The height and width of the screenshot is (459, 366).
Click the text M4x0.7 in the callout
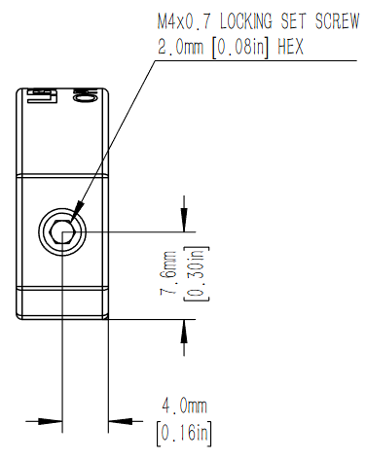coord(184,21)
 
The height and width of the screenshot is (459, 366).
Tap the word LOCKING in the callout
coord(246,21)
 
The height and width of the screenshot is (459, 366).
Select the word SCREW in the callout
coord(337,21)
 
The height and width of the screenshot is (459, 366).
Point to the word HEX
coord(290,47)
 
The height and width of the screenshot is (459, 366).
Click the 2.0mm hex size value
coord(180,47)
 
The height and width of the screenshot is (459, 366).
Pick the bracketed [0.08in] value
coord(239,48)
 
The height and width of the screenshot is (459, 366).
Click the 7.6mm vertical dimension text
coord(168,272)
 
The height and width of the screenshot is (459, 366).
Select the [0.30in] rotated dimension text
coord(197,273)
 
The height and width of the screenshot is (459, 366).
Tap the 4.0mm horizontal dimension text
coord(184,406)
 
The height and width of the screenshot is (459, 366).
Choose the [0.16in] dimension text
coord(184,434)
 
